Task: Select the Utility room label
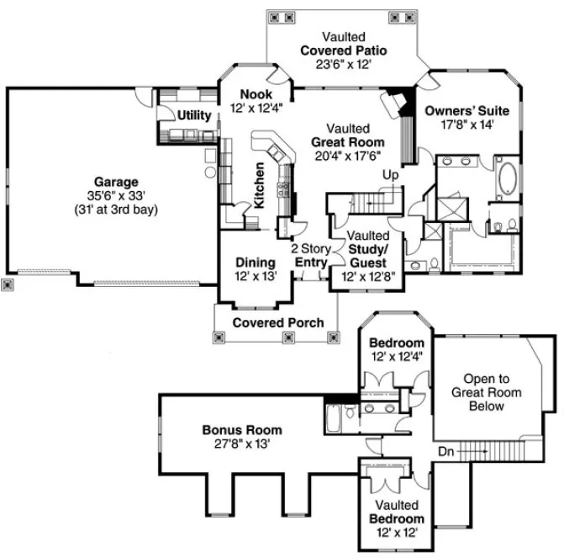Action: [x=194, y=114]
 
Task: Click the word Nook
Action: [x=256, y=94]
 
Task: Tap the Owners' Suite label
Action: [x=466, y=110]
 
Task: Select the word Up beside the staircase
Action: [x=391, y=175]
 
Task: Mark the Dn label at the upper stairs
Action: [x=446, y=452]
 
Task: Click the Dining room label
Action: [x=255, y=262]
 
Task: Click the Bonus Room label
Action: [x=242, y=429]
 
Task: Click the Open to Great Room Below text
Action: [x=486, y=393]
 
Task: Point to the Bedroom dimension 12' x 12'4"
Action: [x=397, y=357]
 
